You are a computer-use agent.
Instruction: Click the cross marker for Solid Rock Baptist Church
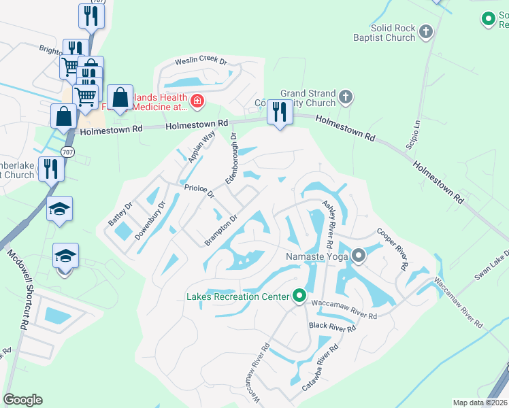426,31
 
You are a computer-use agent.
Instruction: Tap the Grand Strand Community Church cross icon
345,97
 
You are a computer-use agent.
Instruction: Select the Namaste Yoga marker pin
359,256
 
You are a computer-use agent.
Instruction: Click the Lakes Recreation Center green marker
298,296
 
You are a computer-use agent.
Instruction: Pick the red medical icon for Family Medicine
197,101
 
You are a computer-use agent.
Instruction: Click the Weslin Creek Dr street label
200,60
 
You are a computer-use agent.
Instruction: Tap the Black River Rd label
332,327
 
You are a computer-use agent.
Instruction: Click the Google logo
23,399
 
